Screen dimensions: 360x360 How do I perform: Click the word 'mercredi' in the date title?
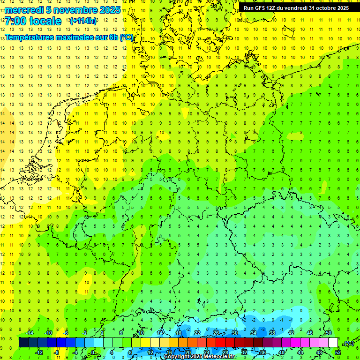pyautogui.click(x=24, y=10)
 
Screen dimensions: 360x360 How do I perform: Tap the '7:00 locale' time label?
pyautogui.click(x=33, y=21)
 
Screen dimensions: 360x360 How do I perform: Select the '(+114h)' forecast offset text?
pyautogui.click(x=83, y=21)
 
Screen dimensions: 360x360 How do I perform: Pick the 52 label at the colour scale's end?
pyautogui.click(x=338, y=352)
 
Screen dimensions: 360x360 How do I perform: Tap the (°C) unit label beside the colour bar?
pyautogui.click(x=349, y=343)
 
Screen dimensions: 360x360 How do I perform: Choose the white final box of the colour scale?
pyautogui.click(x=333, y=343)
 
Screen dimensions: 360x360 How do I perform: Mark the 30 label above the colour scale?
pyautogui.click(x=235, y=333)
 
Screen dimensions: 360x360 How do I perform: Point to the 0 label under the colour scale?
pyautogui.click(x=93, y=352)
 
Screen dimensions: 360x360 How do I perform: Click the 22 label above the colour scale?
pyautogui.click(x=197, y=333)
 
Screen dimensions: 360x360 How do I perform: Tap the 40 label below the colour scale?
pyautogui.click(x=282, y=352)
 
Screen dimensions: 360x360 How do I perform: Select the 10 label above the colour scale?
pyautogui.click(x=141, y=333)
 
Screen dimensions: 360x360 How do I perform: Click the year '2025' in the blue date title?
pyautogui.click(x=109, y=10)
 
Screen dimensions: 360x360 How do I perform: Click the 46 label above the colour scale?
pyautogui.click(x=310, y=333)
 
